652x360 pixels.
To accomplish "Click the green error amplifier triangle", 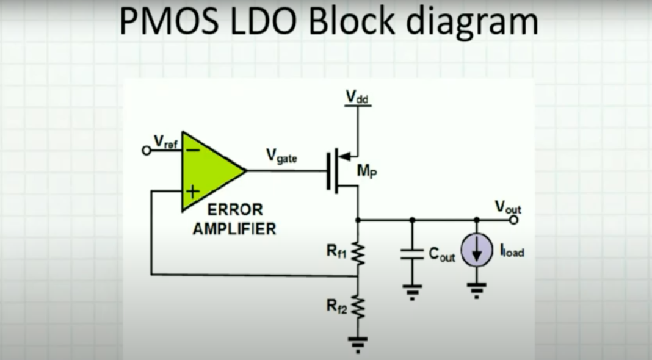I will pos(208,171).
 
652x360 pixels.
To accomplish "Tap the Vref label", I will pos(164,142).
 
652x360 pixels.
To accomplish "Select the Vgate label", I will pos(281,156).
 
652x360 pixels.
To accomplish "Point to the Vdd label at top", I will pos(357,97).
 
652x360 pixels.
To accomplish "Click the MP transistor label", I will pos(367,171).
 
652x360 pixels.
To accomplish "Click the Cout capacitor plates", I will pos(412,255).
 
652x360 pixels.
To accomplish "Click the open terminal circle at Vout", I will pos(514,220).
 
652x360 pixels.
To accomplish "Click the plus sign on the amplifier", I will pos(192,192).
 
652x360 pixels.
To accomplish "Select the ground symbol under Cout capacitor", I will pos(412,293).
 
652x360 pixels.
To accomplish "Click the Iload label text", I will pos(512,251).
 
